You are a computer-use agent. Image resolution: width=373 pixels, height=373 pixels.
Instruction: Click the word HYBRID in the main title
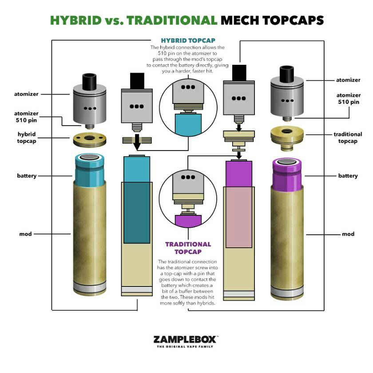pos(76,20)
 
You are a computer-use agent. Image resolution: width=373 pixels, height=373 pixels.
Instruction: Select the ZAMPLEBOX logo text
pos(186,339)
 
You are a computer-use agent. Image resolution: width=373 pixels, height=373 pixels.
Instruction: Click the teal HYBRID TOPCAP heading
pos(188,40)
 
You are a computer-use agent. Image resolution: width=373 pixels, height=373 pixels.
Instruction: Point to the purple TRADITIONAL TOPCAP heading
pos(188,248)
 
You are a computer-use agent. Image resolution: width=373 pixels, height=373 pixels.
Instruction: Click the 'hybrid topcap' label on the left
pos(27,138)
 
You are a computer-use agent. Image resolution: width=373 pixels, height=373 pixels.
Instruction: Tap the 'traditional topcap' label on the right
pos(348,138)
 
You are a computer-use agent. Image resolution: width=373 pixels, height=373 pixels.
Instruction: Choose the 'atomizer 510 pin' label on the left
pos(26,116)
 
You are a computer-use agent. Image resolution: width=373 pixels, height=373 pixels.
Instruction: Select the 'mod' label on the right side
pos(348,234)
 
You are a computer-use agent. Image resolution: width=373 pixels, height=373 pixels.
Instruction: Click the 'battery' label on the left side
pos(27,176)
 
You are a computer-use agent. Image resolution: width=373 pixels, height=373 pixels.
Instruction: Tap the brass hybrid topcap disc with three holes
pos(89,140)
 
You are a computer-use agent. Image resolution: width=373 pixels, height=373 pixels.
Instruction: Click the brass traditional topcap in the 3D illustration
pos(287,138)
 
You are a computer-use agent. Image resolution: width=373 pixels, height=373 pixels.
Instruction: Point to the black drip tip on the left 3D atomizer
pos(89,82)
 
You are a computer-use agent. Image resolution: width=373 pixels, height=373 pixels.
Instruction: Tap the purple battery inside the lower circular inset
pos(188,221)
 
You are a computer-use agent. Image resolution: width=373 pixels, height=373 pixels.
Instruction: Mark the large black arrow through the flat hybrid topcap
pos(137,142)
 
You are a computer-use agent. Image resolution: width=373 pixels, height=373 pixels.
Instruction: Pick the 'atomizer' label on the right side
pos(348,80)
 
